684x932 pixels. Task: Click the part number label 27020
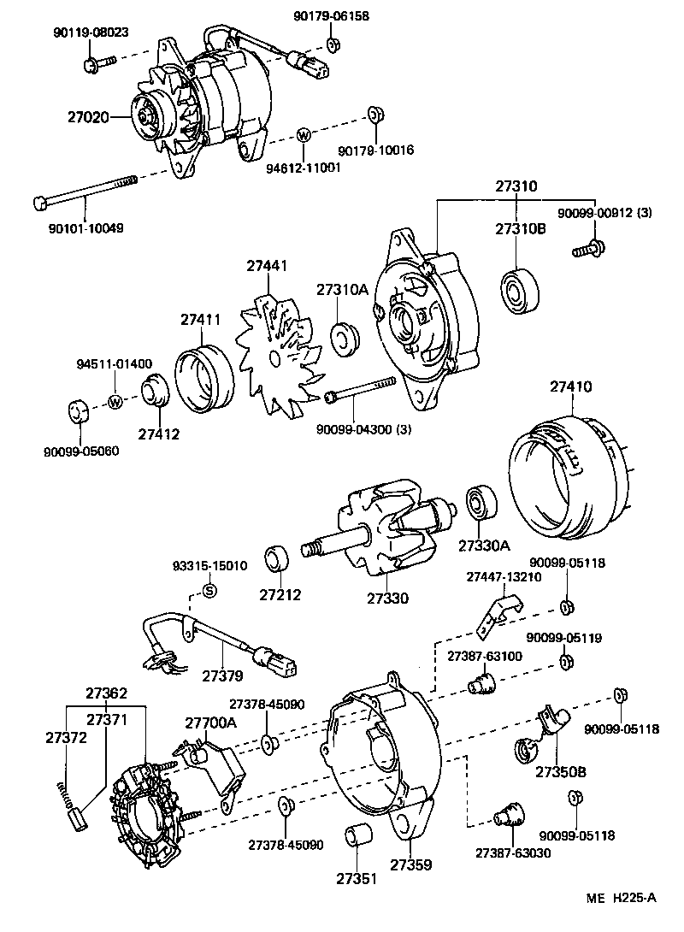(88, 116)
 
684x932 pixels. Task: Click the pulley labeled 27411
(204, 377)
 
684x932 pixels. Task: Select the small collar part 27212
(278, 561)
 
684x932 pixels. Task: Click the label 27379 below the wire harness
(222, 675)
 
